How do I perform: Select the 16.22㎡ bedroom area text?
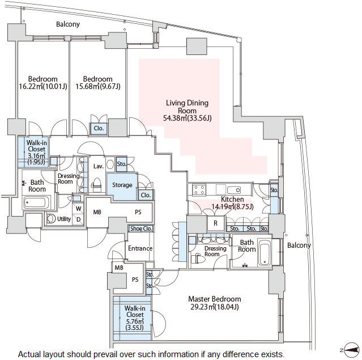coord(42,87)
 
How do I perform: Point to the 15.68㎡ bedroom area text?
coord(97,87)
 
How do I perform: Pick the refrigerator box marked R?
coord(215,224)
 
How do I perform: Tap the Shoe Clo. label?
coord(140,229)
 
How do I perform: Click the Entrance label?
coord(140,248)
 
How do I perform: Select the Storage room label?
coord(122,185)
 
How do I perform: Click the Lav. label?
coord(97,166)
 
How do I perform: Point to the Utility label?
coord(64,219)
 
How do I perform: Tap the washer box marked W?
coord(78,208)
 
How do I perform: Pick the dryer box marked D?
coord(78,219)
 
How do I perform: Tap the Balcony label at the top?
coord(68,24)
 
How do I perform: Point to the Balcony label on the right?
coord(299,245)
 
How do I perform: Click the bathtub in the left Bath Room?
coord(37,203)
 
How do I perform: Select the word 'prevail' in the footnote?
coord(114,354)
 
